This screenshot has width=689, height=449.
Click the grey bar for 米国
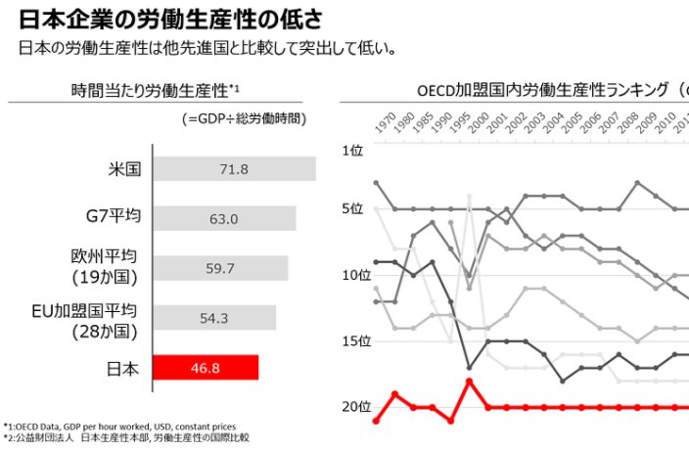tap(235, 168)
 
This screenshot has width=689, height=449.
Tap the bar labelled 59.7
tap(221, 268)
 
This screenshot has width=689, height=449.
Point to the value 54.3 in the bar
tap(212, 318)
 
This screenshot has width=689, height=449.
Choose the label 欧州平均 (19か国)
tap(103, 266)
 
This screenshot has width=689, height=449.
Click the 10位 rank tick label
tap(353, 275)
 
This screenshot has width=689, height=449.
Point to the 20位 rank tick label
tap(353, 407)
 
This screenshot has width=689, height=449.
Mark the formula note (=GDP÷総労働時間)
tap(244, 118)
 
